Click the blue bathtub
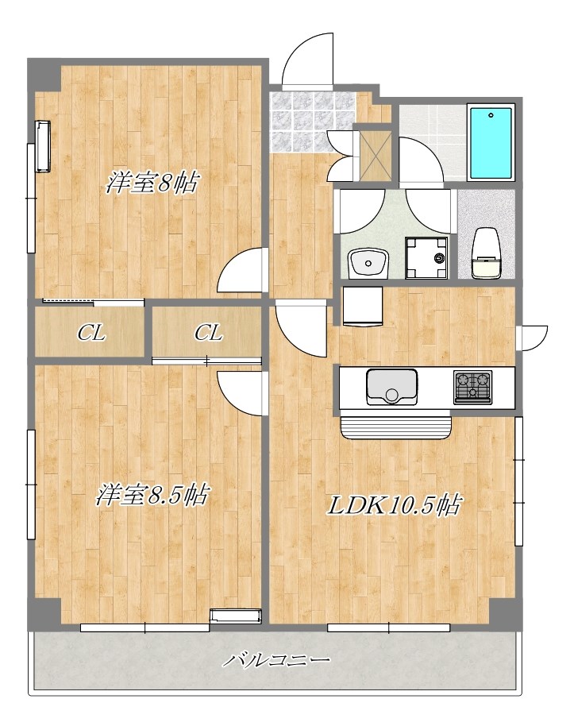click(491, 143)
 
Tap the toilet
click(486, 253)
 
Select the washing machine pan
click(426, 258)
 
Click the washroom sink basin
click(368, 264)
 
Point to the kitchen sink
click(391, 386)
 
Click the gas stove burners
click(472, 387)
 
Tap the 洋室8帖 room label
click(152, 183)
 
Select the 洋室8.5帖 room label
click(152, 495)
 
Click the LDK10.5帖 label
click(394, 505)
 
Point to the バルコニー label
click(277, 659)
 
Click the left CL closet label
click(91, 333)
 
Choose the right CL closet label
click(208, 333)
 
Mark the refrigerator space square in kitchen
click(363, 306)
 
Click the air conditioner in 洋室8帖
click(43, 146)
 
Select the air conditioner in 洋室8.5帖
click(236, 616)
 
